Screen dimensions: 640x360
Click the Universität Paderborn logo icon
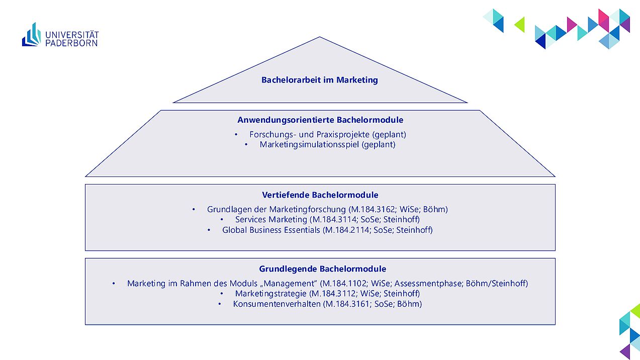click(32, 35)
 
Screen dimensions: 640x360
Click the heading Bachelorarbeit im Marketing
click(319, 80)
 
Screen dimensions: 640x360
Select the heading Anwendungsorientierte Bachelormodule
click(320, 120)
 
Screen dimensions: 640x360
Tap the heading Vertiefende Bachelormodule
click(320, 195)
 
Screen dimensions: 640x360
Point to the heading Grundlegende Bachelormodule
click(323, 269)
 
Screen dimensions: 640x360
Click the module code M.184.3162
click(373, 210)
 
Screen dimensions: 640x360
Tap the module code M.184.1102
click(344, 284)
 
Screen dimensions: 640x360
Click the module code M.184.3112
click(334, 294)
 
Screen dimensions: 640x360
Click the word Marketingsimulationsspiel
click(309, 145)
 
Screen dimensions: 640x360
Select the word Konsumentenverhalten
click(277, 304)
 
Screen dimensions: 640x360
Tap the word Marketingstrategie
click(271, 294)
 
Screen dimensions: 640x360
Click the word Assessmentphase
click(428, 284)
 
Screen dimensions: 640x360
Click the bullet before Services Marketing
click(222, 219)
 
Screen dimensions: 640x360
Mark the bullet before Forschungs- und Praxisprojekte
click(236, 134)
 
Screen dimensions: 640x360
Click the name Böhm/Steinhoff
click(496, 284)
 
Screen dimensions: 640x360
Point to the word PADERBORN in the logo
click(71, 43)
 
